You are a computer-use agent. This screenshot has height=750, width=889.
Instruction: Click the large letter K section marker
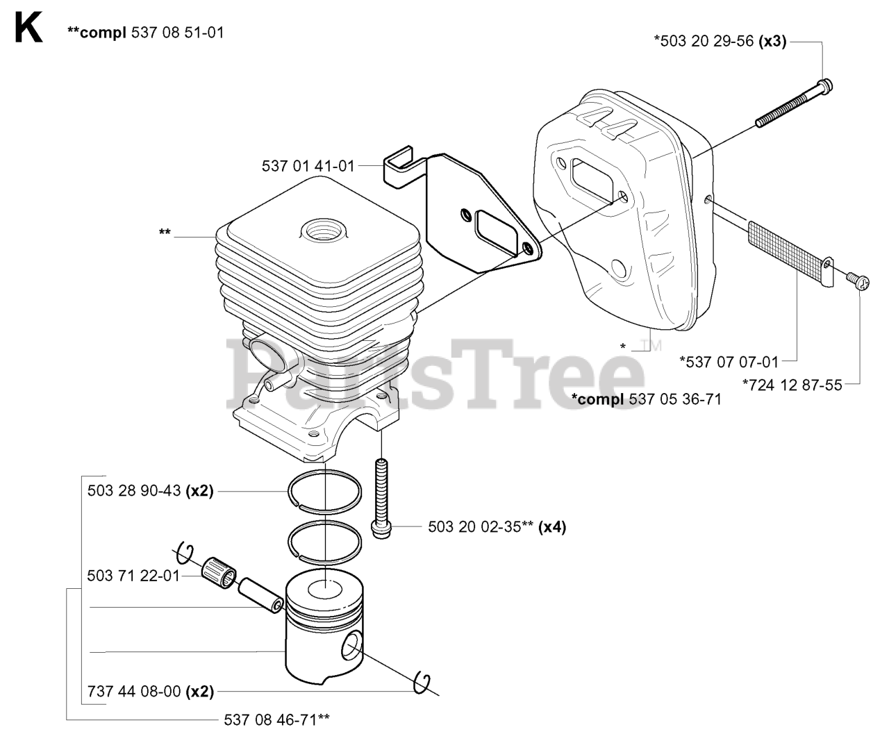point(28,27)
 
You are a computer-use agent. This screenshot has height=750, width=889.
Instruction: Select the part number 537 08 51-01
point(178,33)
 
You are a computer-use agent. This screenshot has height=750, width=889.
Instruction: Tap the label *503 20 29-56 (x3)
point(720,41)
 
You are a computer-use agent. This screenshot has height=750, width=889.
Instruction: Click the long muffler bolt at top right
point(794,103)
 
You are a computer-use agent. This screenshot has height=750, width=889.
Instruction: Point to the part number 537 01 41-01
point(308,166)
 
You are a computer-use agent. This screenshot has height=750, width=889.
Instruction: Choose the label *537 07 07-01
point(729,362)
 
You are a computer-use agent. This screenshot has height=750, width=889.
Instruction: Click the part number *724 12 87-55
point(792,385)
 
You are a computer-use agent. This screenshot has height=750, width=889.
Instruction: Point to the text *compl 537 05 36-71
point(647,399)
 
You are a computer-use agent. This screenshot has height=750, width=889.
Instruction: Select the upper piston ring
point(325,470)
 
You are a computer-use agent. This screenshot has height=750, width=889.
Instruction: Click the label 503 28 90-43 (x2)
point(150,491)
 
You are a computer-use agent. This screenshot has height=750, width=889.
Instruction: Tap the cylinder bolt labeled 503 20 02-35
point(381,499)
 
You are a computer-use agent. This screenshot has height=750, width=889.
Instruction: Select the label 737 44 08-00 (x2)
point(151,692)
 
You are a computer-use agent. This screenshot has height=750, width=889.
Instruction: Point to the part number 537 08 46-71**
point(276,719)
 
